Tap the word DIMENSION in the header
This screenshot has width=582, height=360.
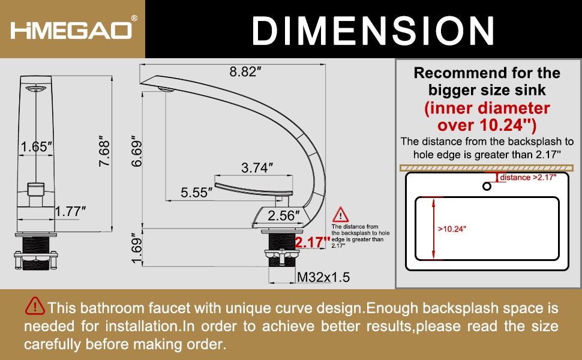click(373, 31)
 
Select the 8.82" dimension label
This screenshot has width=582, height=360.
click(245, 71)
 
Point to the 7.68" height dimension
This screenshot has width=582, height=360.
click(104, 151)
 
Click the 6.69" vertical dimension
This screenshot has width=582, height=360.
click(137, 151)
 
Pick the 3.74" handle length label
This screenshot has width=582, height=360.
click(257, 168)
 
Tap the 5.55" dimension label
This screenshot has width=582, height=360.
click(196, 192)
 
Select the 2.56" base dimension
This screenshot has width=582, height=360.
click(284, 215)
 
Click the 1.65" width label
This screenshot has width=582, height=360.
click(37, 146)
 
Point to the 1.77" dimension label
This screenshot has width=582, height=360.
click(70, 212)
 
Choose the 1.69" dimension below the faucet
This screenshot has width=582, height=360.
click(137, 248)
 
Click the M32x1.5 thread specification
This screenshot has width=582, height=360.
click(323, 277)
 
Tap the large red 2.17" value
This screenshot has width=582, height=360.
click(312, 242)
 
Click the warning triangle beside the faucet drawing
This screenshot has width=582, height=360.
click(340, 215)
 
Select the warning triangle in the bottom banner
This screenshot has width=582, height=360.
click(35, 306)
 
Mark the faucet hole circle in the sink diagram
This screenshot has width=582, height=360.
click(487, 186)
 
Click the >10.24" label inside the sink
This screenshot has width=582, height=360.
click(452, 229)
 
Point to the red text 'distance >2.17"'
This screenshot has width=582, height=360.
click(528, 178)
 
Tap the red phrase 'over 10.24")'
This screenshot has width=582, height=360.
click(487, 125)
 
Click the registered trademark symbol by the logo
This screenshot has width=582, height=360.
click(134, 18)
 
